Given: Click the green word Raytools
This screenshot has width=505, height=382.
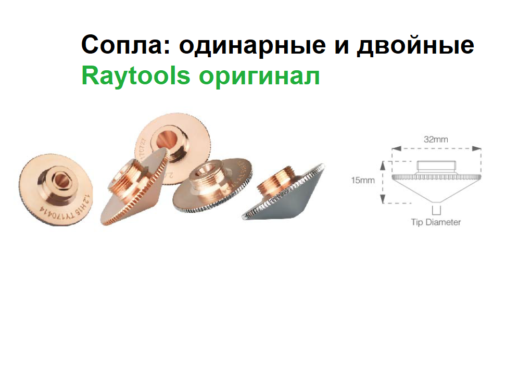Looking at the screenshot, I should (136, 77).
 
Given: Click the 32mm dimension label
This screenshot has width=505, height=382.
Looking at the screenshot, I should (436, 139).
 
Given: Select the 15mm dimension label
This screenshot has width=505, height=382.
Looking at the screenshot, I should (363, 181).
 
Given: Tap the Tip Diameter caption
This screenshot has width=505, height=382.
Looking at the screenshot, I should (436, 222).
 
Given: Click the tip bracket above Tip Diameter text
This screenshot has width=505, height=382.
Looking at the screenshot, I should (436, 210).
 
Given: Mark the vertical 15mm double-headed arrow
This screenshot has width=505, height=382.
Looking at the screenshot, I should (383, 182).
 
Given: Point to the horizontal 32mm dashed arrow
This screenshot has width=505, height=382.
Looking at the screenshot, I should (436, 149).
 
